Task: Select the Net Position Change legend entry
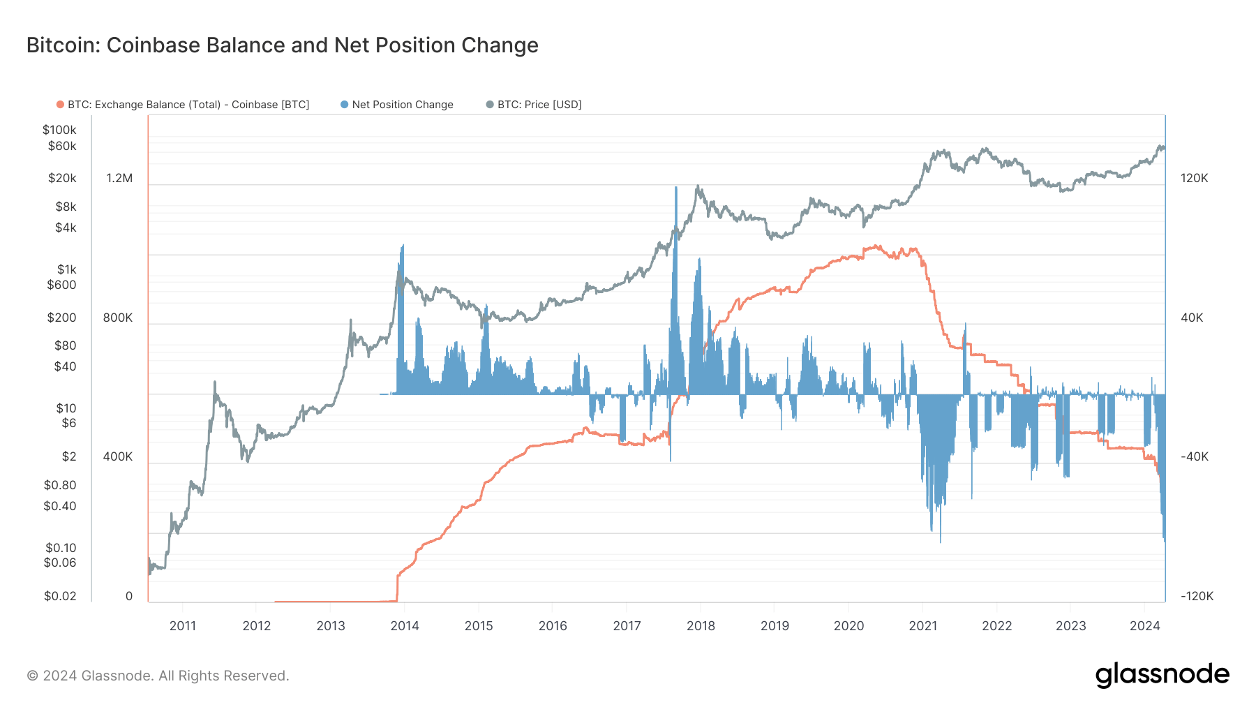point(402,105)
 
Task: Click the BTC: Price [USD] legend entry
point(539,105)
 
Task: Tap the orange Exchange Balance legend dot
point(61,105)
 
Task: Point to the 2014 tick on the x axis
point(405,626)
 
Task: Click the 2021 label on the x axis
point(922,626)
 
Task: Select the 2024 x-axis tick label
point(1144,626)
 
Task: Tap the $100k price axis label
point(59,130)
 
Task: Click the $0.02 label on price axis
point(60,596)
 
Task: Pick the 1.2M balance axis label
point(119,179)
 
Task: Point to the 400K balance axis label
point(117,457)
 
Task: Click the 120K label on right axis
point(1194,179)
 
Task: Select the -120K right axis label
point(1197,596)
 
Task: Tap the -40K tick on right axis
point(1194,457)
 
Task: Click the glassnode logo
point(1162,675)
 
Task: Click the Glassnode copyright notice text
point(158,676)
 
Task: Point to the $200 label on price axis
point(61,318)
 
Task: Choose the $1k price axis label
point(66,270)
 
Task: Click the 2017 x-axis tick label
point(627,626)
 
